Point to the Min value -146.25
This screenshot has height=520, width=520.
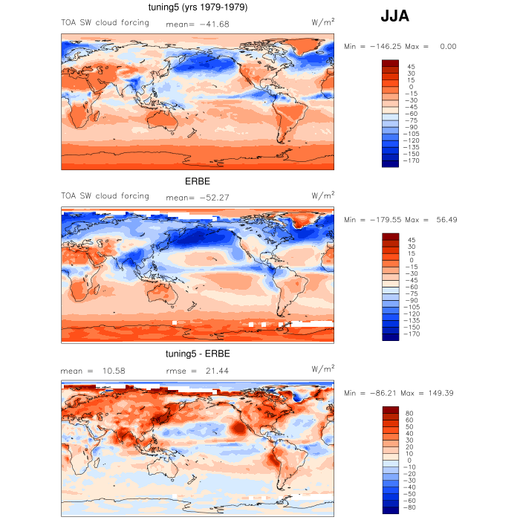[x=383, y=46]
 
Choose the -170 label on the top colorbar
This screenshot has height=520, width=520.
[x=410, y=160]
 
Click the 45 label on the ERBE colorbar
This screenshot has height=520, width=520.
[x=411, y=240]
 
